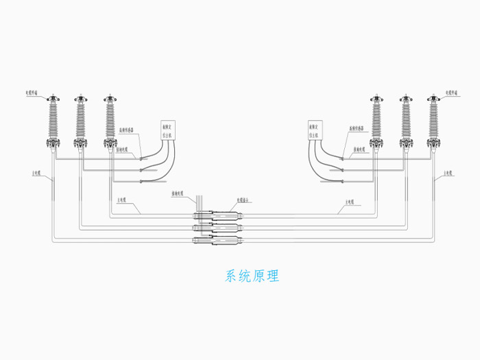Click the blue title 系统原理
(252, 277)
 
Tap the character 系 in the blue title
(231, 277)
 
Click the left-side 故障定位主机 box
(169, 131)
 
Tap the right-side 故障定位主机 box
(317, 131)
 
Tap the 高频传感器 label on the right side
(359, 128)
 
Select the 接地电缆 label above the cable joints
(180, 194)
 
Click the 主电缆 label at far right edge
(448, 172)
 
